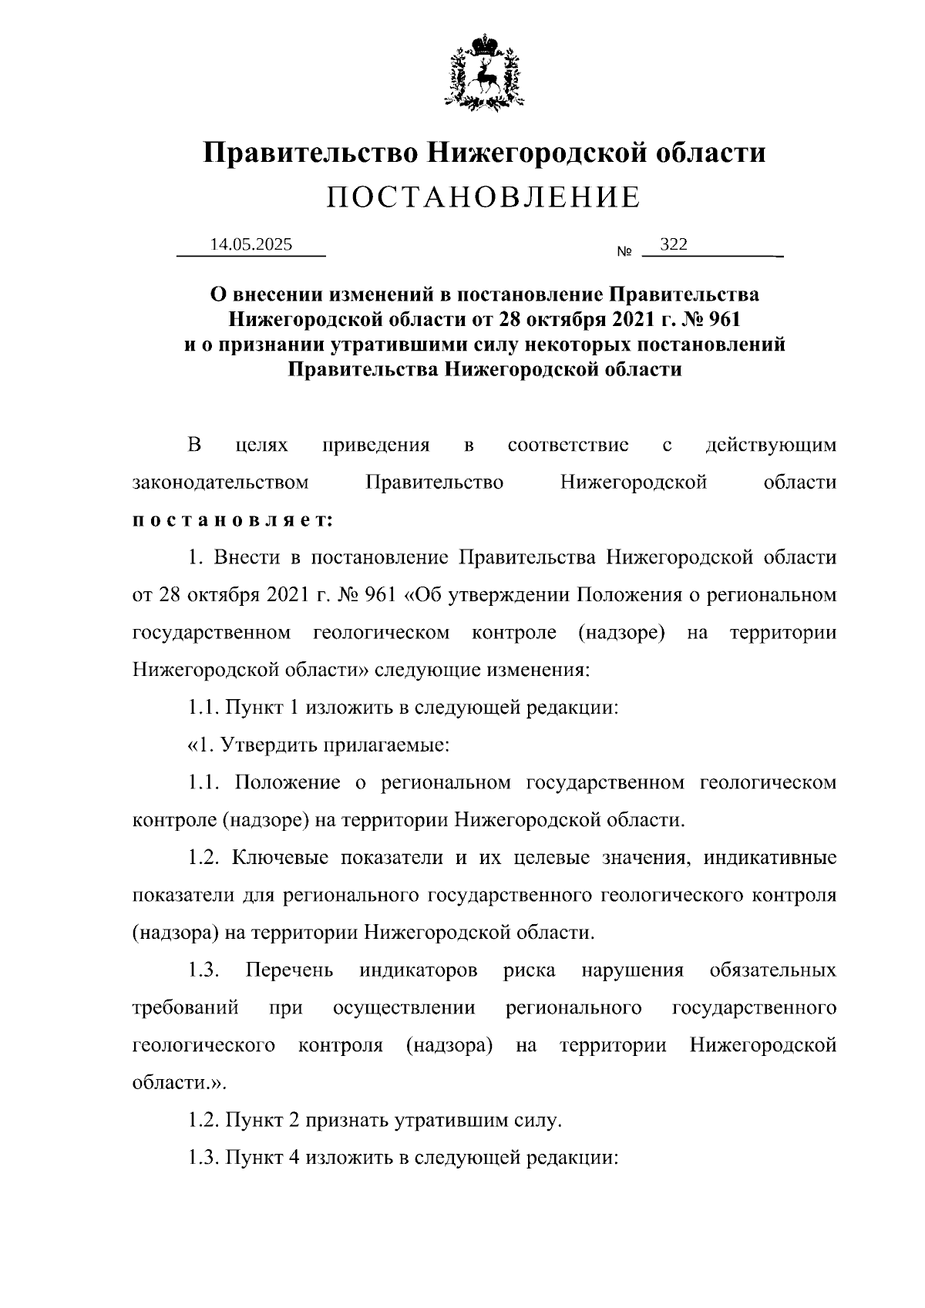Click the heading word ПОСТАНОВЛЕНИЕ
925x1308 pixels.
(483, 197)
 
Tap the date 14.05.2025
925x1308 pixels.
(251, 245)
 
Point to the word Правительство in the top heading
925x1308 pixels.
(311, 152)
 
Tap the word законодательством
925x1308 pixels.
(220, 483)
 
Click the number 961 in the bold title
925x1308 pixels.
(722, 318)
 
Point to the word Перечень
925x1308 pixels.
(289, 970)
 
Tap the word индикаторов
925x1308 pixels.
(418, 970)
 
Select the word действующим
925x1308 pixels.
(770, 446)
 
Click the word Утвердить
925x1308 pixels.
(268, 745)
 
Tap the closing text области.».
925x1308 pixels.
(180, 1083)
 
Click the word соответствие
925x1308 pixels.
(568, 446)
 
